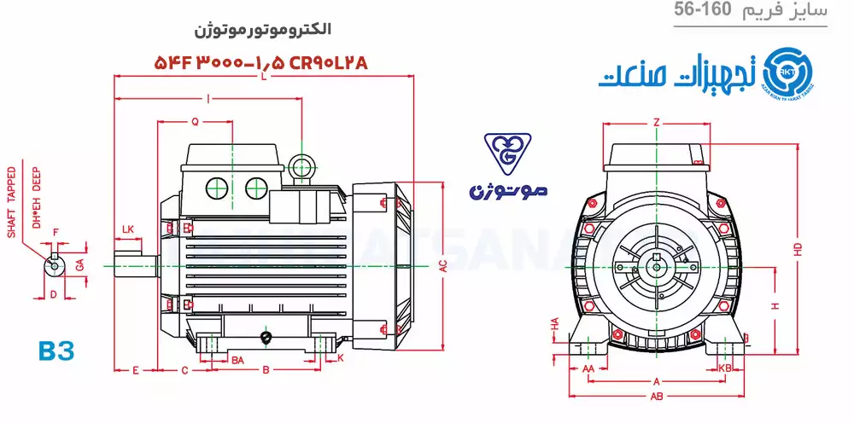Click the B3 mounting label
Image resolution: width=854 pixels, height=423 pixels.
coord(57,351)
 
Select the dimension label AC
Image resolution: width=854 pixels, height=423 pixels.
coord(443,266)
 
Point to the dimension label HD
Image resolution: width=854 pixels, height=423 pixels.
coord(798,248)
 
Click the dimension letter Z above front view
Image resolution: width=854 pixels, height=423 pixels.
coord(656,123)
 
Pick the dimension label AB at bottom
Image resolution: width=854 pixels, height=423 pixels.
coord(657,397)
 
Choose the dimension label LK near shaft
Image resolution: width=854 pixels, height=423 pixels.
coord(128,229)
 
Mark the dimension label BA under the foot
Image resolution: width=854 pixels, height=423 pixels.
coord(238,360)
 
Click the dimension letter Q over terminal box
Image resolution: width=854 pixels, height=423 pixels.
coord(195,122)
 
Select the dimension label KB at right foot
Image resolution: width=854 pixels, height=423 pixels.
coord(726,368)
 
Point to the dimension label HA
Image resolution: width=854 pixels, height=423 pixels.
coord(554,325)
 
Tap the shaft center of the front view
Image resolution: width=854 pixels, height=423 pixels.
coord(656,266)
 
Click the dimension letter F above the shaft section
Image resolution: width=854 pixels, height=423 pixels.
coord(56,232)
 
